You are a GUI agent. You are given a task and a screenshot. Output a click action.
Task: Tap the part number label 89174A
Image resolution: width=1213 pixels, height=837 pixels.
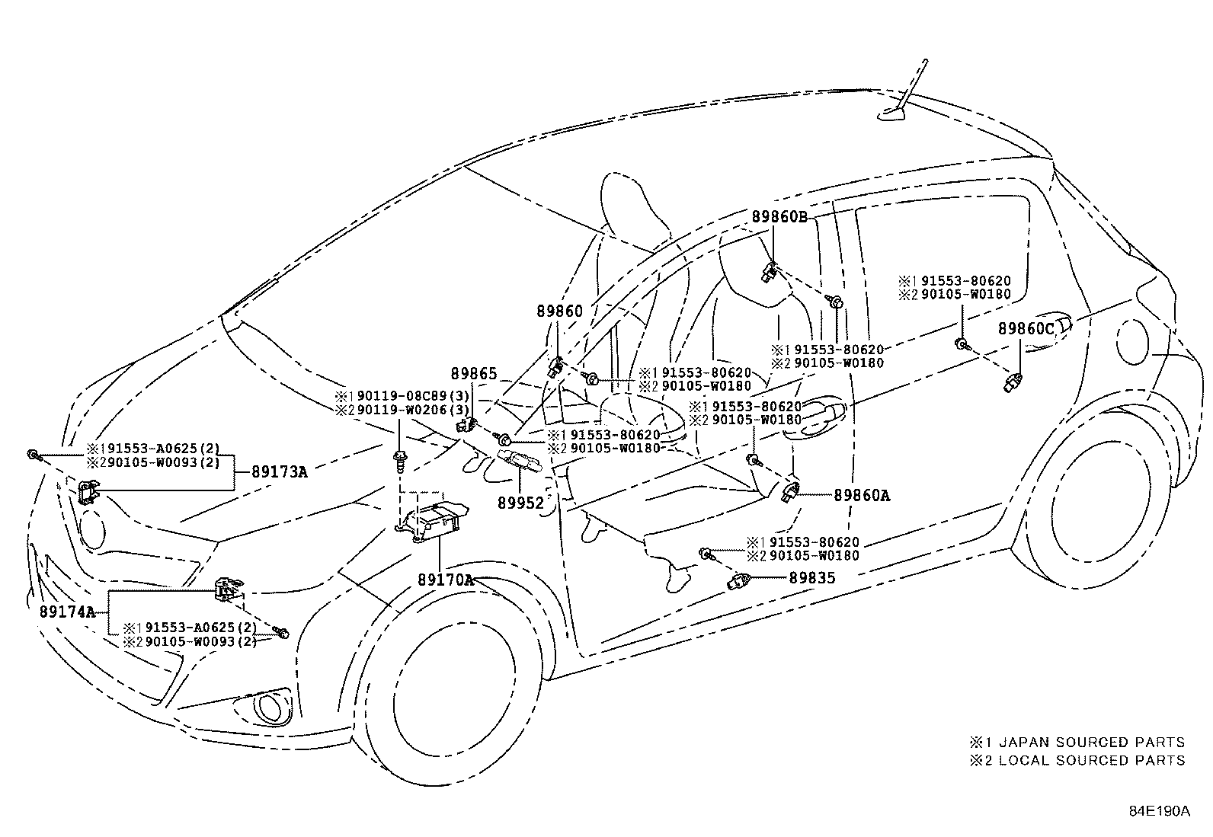67,612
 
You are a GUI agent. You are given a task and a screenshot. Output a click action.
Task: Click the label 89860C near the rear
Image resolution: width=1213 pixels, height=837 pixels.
1026,329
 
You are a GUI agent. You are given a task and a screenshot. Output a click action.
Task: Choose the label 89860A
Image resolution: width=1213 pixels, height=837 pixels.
861,495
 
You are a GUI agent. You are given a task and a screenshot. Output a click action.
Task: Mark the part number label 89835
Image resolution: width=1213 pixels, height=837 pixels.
811,578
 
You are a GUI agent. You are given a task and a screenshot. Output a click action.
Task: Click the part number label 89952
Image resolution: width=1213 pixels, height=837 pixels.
521,503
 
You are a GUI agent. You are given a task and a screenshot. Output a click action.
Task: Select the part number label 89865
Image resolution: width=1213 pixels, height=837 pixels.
473,374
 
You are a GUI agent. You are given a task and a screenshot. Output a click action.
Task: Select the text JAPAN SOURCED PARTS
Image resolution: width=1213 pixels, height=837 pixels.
1091,742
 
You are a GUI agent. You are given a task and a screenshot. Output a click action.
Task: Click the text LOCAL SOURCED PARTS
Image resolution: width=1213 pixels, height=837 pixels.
1091,760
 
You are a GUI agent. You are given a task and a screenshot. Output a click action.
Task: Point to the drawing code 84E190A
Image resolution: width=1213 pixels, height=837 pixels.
1159,811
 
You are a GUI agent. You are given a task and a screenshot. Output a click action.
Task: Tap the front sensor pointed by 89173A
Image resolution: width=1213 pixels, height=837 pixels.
89,492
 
